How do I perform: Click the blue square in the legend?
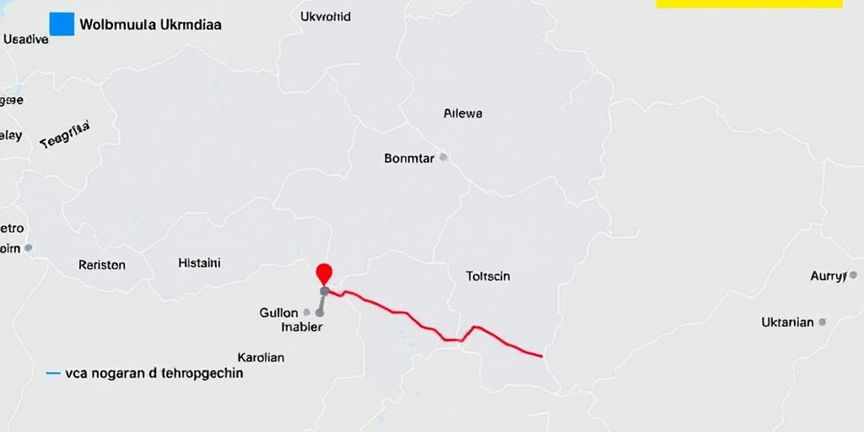pos(62,24)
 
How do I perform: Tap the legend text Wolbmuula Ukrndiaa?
pos(150,24)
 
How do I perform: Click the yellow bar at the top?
pos(748,3)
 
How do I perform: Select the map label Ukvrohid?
pos(326,16)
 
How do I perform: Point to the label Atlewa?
pos(462,112)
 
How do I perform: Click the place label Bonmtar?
pos(409,158)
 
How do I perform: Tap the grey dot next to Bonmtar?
pos(443,157)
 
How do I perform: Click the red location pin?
pos(324,273)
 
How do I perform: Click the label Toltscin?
pos(488,276)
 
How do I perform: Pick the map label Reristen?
pos(102,265)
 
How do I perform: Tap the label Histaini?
pos(199,263)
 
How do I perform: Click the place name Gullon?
pos(279,312)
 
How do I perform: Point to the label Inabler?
pos(301,327)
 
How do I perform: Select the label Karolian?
pos(261,357)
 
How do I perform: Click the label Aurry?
pos(828,276)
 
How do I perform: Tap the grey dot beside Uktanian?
pos(823,321)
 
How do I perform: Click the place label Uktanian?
pos(787,322)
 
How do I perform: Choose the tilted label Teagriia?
pos(65,135)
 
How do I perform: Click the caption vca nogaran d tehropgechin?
pos(154,372)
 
